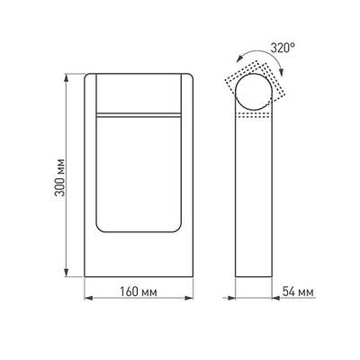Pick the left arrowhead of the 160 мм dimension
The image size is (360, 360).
tap(87, 295)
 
